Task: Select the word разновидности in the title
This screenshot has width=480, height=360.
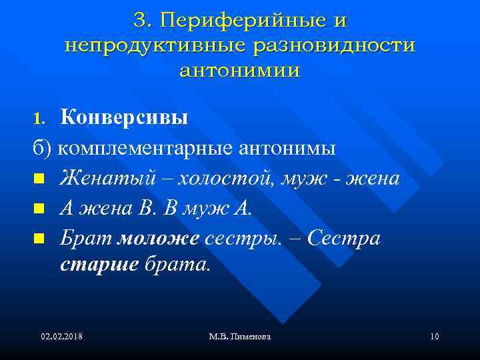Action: (333, 45)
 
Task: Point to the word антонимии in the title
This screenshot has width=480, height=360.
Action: (240, 70)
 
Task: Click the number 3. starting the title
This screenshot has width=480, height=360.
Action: (144, 21)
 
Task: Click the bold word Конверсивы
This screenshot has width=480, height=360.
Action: (124, 118)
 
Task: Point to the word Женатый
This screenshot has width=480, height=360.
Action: (99, 179)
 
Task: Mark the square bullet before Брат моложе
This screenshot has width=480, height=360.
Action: (39, 239)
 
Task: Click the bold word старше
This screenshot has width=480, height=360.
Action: (99, 265)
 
